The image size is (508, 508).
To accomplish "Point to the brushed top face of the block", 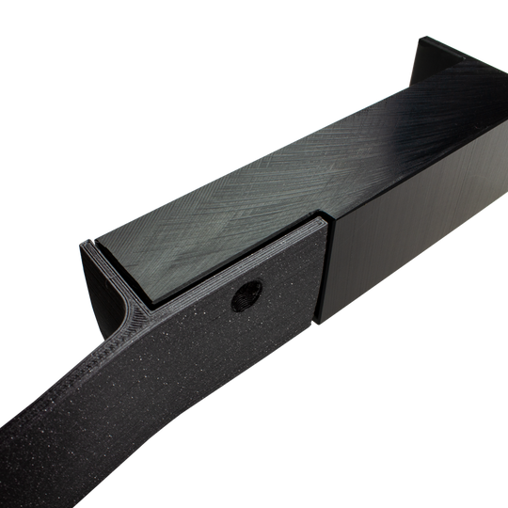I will [282, 169].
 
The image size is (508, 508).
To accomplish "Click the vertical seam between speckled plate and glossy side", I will [325, 273].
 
